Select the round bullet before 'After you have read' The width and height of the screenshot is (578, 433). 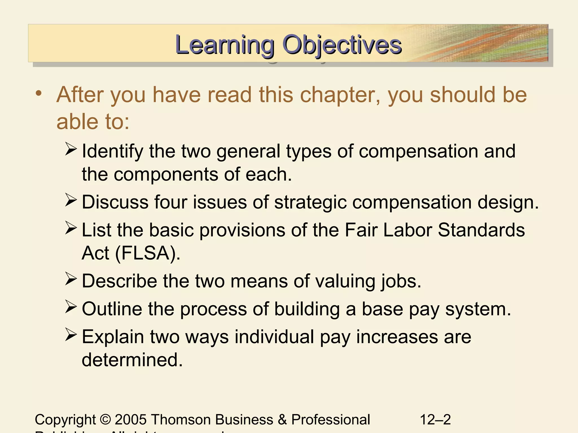click(39, 93)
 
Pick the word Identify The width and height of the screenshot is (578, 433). click(112, 151)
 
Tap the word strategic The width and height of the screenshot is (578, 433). click(310, 202)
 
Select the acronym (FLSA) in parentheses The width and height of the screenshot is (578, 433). click(148, 253)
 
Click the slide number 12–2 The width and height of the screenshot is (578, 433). click(435, 419)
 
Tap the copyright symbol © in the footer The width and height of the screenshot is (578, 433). click(105, 419)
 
